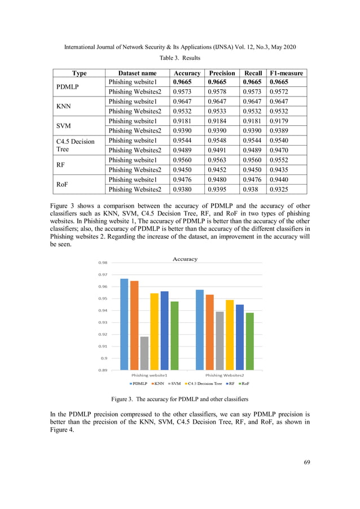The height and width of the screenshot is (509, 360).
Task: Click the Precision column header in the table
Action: click(x=222, y=73)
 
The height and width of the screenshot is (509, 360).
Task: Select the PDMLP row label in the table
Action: click(x=69, y=87)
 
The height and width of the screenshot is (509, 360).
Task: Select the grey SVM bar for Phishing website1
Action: click(x=144, y=353)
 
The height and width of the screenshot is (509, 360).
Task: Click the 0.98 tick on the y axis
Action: click(x=103, y=263)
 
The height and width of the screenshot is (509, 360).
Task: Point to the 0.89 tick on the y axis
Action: click(x=103, y=370)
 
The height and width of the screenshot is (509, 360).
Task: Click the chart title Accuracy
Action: click(x=185, y=259)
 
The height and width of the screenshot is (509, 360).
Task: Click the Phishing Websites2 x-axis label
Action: click(x=225, y=375)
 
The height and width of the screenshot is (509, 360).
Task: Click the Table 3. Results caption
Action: click(x=179, y=58)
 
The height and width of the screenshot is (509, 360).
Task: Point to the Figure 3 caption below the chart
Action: click(x=179, y=399)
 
